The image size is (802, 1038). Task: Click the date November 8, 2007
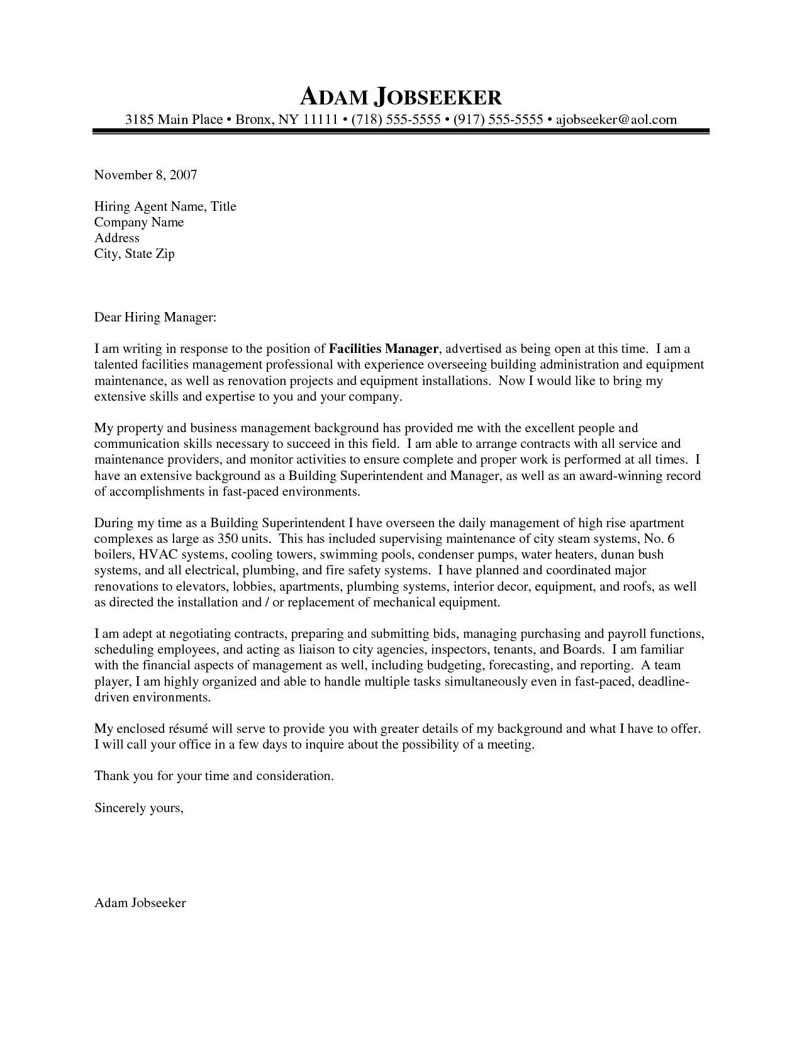[145, 175]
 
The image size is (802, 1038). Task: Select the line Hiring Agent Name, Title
[165, 206]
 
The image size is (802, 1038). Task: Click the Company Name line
[139, 222]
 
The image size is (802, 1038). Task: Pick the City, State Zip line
[134, 254]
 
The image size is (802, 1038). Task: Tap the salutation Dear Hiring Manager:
[155, 318]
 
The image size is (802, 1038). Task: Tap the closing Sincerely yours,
[138, 808]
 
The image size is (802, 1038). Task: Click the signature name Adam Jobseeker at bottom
[140, 903]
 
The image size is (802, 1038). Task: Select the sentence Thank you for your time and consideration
[213, 776]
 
